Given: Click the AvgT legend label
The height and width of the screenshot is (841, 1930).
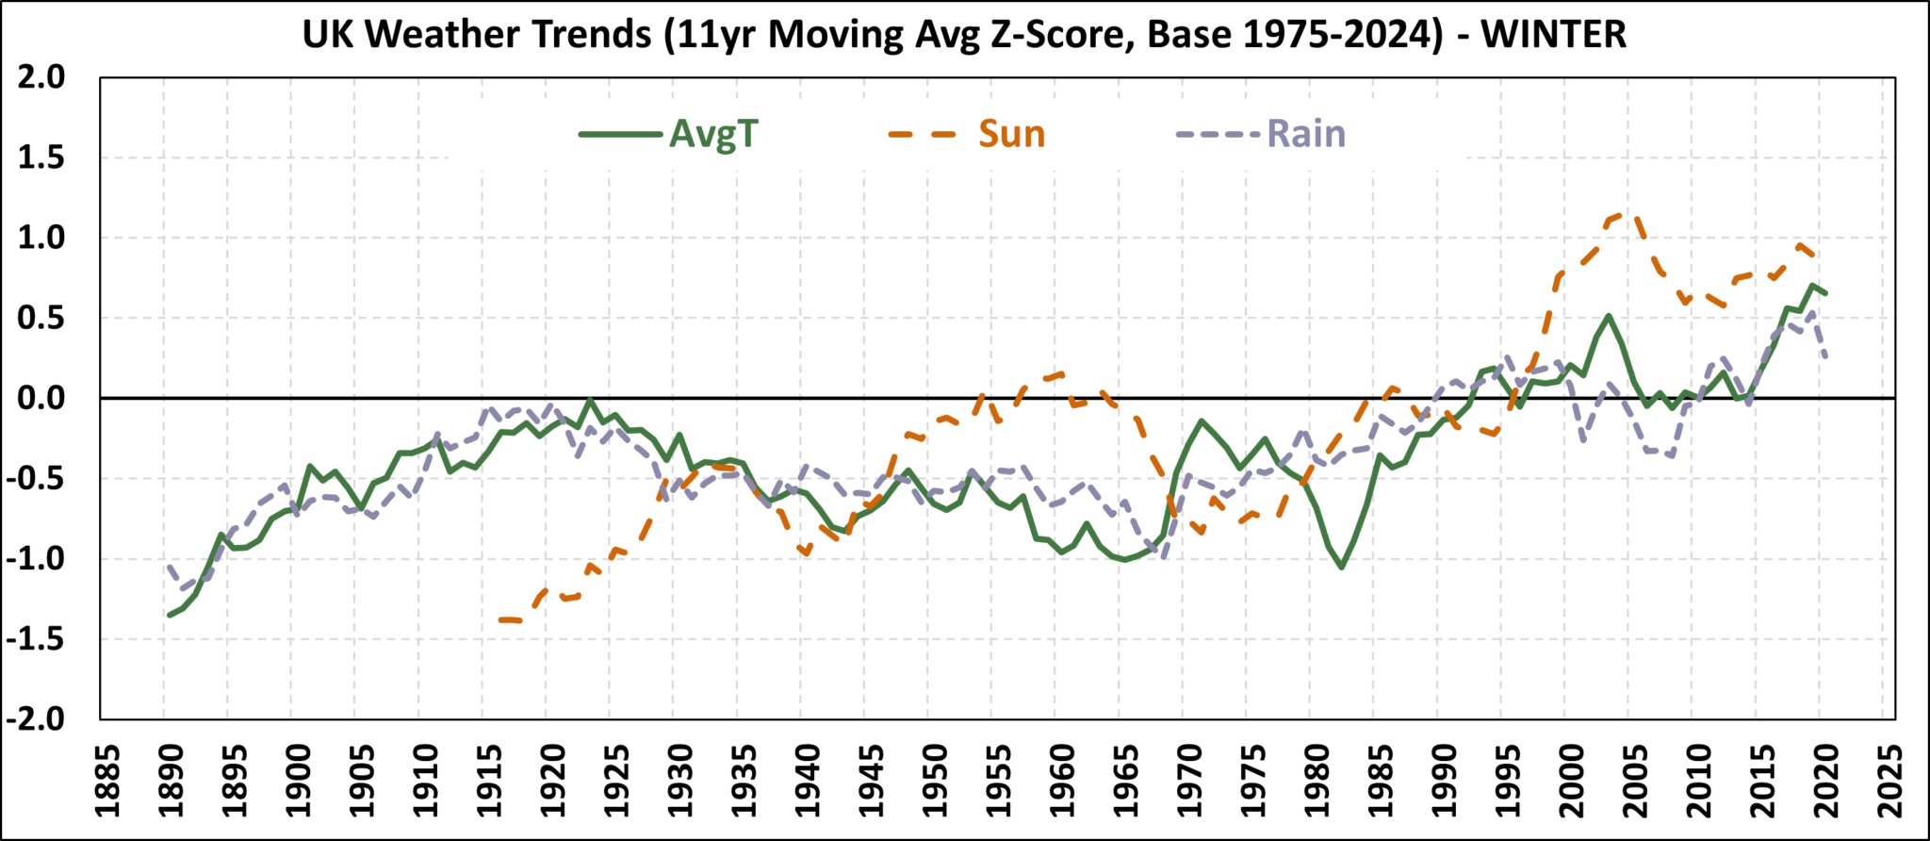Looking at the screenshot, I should pos(713,135).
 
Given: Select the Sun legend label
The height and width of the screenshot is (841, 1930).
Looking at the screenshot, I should pos(1011,135).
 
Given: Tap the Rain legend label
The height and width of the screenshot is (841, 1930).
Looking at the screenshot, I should pos(1306,135).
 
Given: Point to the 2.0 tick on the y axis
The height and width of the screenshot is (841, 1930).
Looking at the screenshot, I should pos(42,77).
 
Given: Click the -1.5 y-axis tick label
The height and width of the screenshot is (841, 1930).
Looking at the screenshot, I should pos(36,639).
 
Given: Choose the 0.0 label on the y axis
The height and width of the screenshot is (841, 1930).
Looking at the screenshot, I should pos(42,399).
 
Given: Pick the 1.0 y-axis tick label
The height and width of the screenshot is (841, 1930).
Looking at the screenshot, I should pos(42,239).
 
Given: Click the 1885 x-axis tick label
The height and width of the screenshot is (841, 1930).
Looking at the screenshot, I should pos(106,782).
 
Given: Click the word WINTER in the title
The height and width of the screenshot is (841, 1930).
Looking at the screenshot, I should pos(1553,35).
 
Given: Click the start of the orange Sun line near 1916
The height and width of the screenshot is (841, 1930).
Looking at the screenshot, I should pos(499,619).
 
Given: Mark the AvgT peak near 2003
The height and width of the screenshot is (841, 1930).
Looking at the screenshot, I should pos(1609,316).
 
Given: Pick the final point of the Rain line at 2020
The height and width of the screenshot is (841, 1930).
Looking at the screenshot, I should pos(1826,357).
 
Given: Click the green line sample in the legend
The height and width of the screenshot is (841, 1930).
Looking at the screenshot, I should pos(620,135).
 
